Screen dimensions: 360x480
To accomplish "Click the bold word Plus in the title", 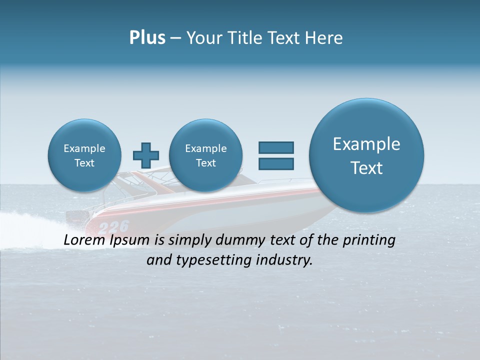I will click(147, 38).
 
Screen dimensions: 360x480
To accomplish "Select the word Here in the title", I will click(324, 38).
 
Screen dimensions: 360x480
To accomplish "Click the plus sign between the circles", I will click(146, 155).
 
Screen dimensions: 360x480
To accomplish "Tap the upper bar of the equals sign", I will click(276, 147).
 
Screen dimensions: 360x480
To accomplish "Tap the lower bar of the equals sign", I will click(276, 163).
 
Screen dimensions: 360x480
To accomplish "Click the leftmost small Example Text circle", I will click(84, 155).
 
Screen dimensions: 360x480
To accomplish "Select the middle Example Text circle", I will click(206, 155).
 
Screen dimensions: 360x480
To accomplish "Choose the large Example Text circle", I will click(366, 155).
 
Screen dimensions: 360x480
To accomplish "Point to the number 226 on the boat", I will click(113, 226).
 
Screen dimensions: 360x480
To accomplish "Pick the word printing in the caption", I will click(368, 240).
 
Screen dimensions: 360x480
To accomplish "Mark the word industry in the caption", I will click(289, 260).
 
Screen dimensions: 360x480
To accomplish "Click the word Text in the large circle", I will click(366, 168).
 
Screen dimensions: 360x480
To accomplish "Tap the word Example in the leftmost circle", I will click(84, 148).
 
